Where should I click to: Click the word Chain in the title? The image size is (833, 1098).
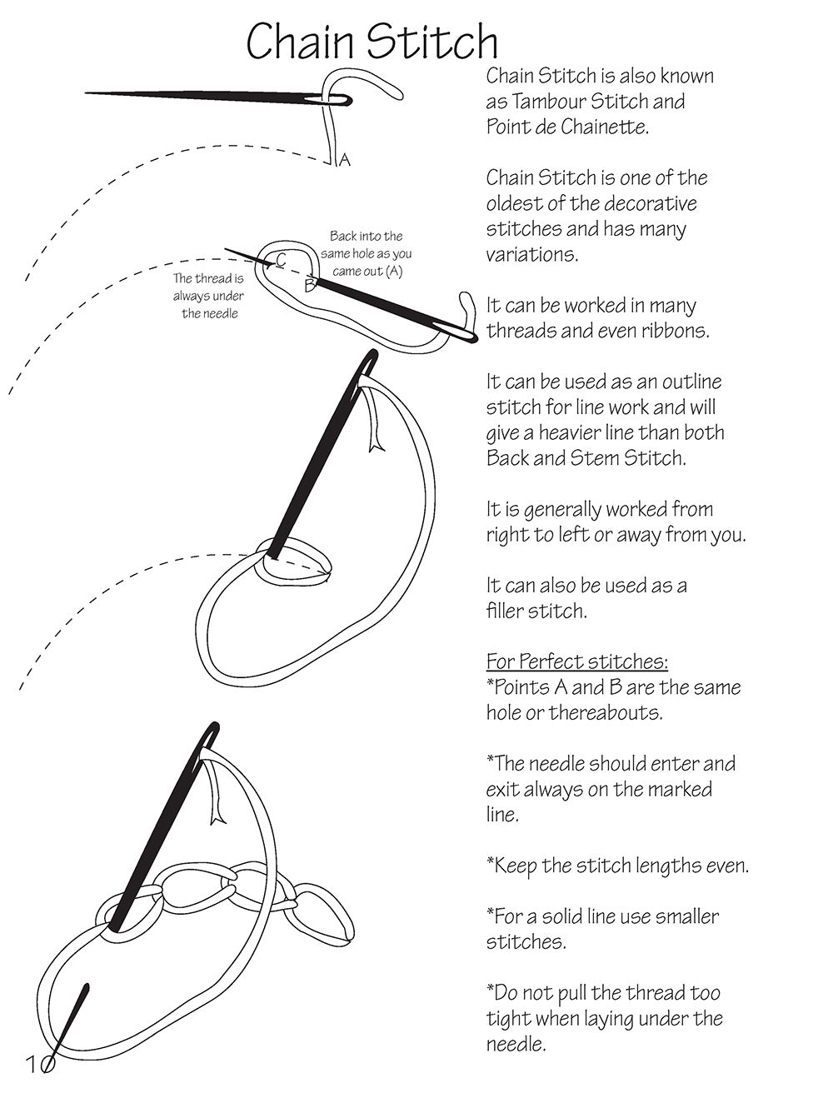[300, 42]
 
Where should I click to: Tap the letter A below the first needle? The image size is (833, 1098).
[345, 160]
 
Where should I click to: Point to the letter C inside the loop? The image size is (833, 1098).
[281, 260]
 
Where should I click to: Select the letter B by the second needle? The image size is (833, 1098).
[309, 286]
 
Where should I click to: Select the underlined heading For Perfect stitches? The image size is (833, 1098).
[576, 661]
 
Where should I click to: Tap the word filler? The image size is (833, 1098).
[510, 611]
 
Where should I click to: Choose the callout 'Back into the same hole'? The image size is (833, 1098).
[366, 253]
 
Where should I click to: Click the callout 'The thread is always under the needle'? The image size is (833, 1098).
[208, 296]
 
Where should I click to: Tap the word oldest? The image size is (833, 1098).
[513, 204]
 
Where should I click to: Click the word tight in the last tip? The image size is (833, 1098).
[507, 1019]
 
